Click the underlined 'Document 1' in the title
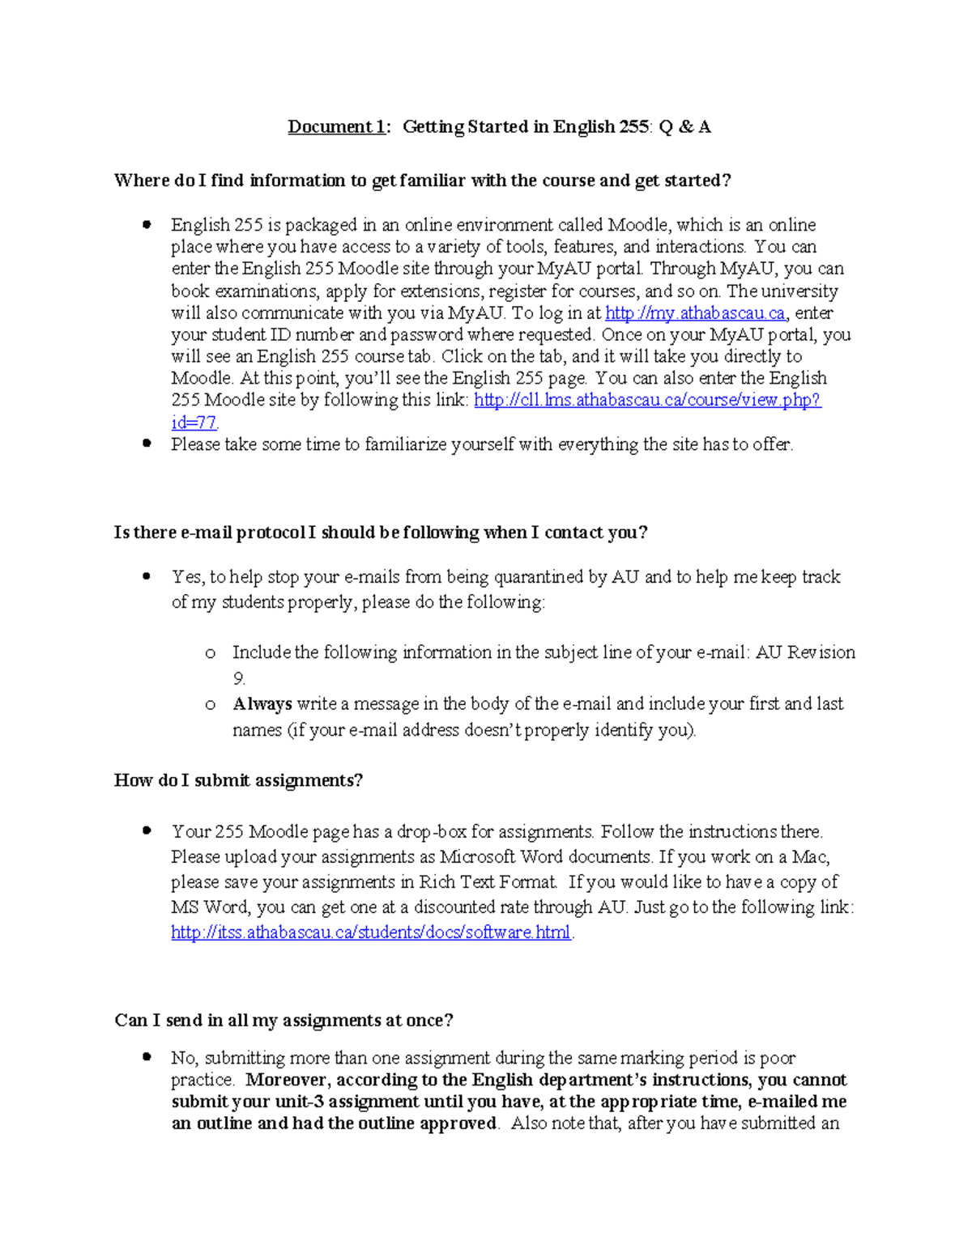point(336,126)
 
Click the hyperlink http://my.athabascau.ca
point(695,313)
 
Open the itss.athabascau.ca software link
point(370,932)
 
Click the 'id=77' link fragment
point(194,423)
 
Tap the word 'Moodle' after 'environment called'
point(637,225)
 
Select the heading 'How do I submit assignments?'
point(238,780)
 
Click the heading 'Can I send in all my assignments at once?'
point(283,1020)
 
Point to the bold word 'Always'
point(262,704)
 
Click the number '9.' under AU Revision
point(239,678)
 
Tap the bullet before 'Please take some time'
point(147,444)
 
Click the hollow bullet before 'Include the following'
point(211,653)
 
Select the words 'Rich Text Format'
point(488,882)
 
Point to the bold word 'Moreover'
point(287,1080)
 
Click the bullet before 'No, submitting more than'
point(147,1057)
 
